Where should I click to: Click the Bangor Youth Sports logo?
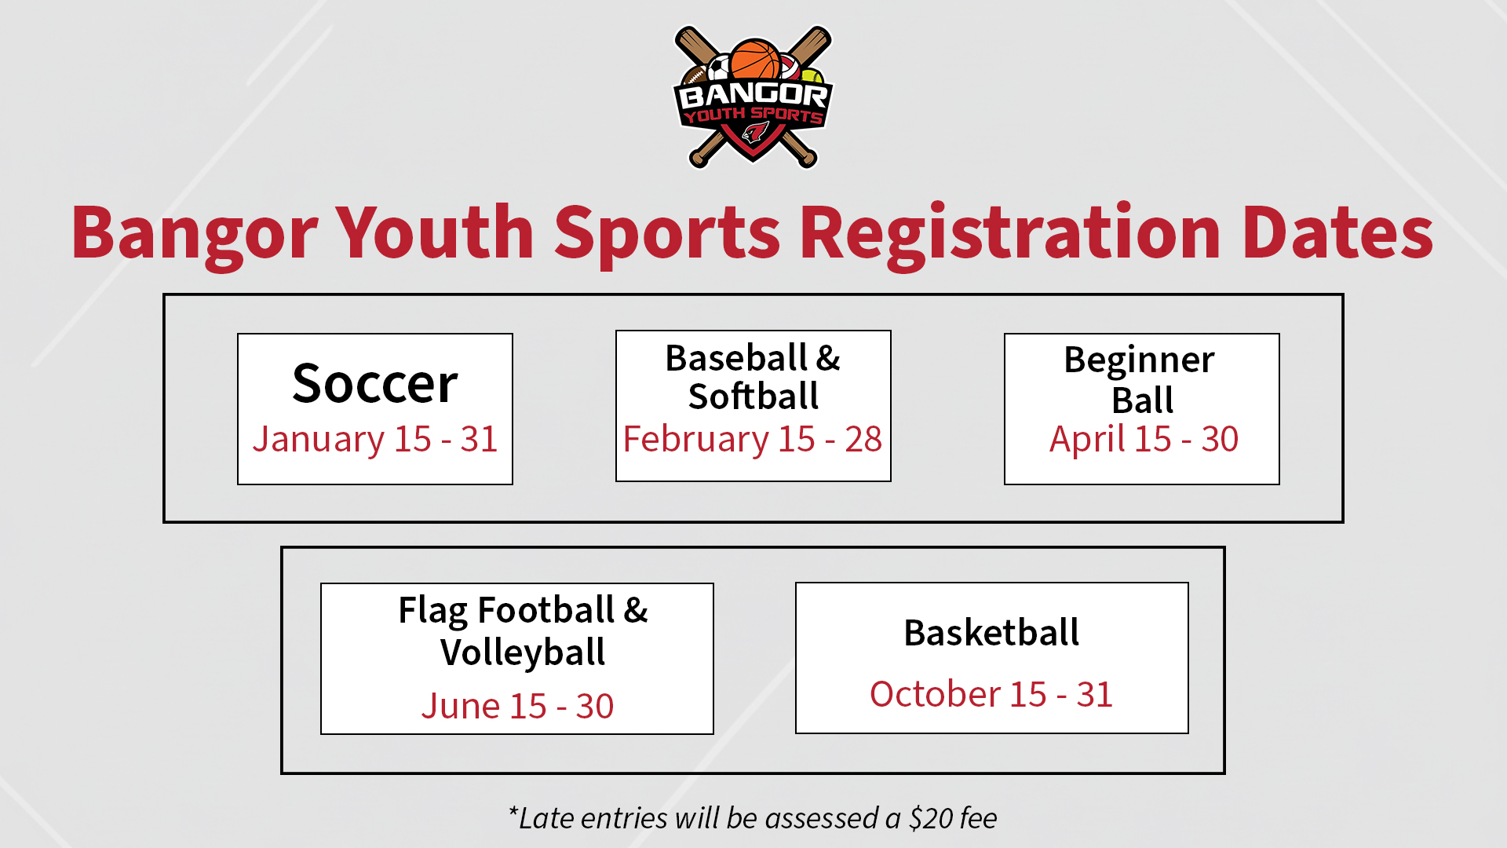pyautogui.click(x=753, y=97)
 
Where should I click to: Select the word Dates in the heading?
pyautogui.click(x=1338, y=232)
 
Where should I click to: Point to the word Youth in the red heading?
pyautogui.click(x=436, y=232)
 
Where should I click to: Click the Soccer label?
pyautogui.click(x=375, y=384)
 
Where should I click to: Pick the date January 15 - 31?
pyautogui.click(x=375, y=439)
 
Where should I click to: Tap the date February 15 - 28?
pyautogui.click(x=753, y=439)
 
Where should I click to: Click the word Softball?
pyautogui.click(x=753, y=396)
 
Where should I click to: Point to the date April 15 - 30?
pyautogui.click(x=1144, y=439)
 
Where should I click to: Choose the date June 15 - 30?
pyautogui.click(x=518, y=706)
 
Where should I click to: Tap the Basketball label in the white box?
pyautogui.click(x=991, y=633)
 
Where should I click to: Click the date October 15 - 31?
pyautogui.click(x=991, y=694)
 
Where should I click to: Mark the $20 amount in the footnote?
pyautogui.click(x=932, y=818)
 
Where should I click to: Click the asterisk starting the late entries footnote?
pyautogui.click(x=513, y=812)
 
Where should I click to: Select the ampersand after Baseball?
pyautogui.click(x=828, y=358)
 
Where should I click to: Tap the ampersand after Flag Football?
pyautogui.click(x=636, y=610)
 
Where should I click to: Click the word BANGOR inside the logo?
pyautogui.click(x=753, y=96)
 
